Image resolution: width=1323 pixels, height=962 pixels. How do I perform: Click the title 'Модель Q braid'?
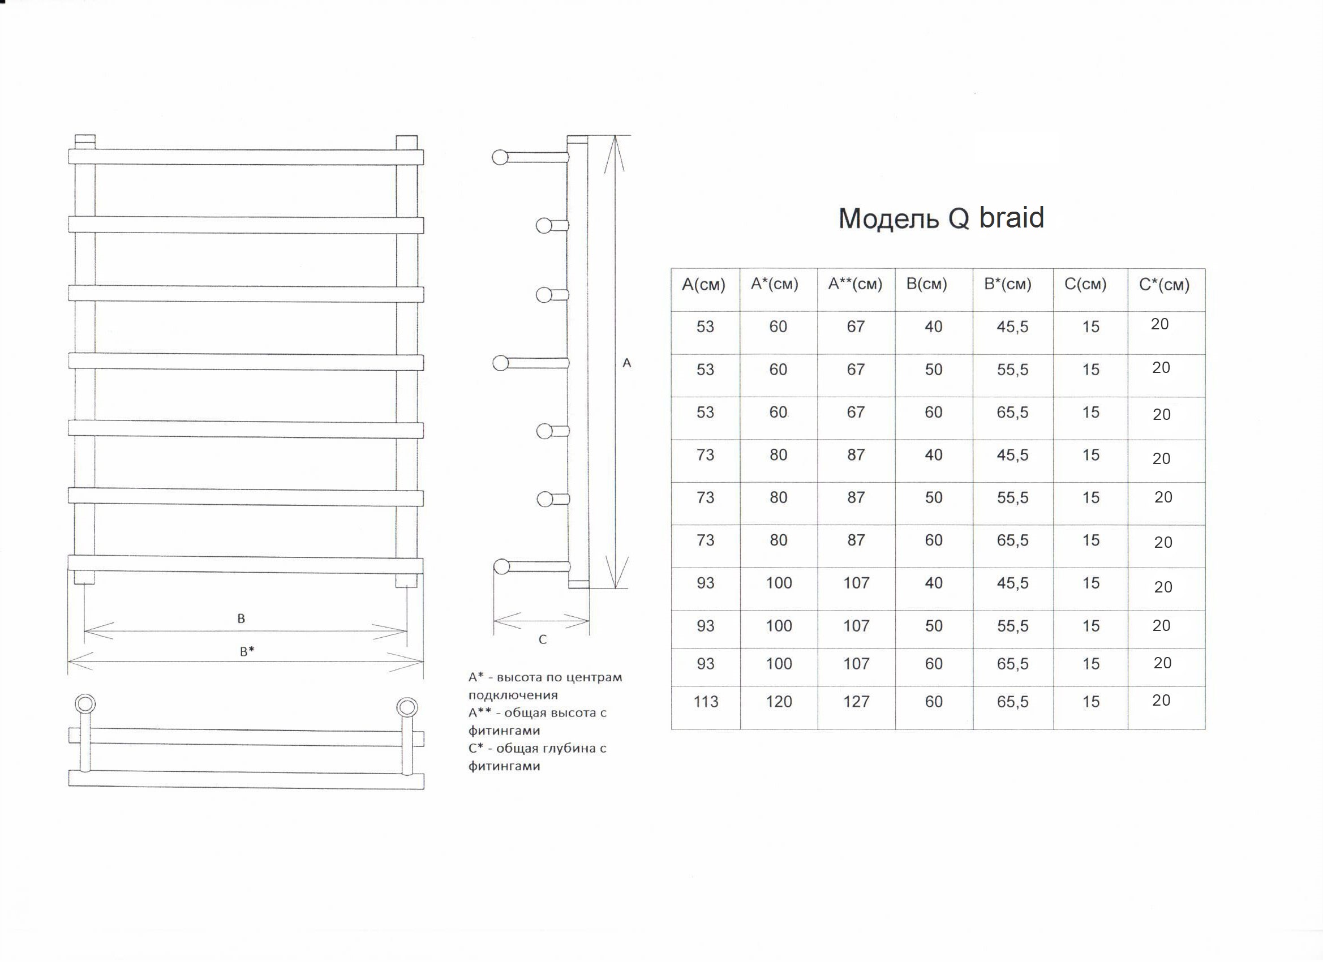pos(941,218)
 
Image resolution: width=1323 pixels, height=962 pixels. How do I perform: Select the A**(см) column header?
pos(855,284)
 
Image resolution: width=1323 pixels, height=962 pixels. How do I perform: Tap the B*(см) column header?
pos(1007,284)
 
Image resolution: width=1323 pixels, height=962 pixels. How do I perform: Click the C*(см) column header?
pos(1164,285)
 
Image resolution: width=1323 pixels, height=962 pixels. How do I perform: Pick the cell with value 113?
pos(705,701)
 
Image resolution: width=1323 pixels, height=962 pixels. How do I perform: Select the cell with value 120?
pos(779,701)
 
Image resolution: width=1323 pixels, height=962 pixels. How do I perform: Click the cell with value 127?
pos(856,701)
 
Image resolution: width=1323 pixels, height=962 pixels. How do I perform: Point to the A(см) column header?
pos(703,285)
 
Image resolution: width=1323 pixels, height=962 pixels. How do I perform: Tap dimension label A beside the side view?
pos(626,363)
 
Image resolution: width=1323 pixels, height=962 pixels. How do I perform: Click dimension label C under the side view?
pos(543,640)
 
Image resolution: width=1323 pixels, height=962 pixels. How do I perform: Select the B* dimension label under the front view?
pos(247,652)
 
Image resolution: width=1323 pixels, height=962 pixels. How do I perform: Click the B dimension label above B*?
pos(241,619)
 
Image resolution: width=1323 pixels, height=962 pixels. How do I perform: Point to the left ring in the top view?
pos(85,704)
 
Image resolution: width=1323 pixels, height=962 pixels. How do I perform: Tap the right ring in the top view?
pos(407,707)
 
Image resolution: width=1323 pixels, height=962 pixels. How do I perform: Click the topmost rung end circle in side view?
pos(500,157)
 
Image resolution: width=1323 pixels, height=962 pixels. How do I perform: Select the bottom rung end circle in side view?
pos(501,566)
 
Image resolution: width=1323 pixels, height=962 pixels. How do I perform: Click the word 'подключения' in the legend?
pos(513,695)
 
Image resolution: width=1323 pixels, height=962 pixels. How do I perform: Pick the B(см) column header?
pos(926,284)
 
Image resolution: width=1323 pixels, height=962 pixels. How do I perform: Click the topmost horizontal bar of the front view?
pos(245,157)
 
